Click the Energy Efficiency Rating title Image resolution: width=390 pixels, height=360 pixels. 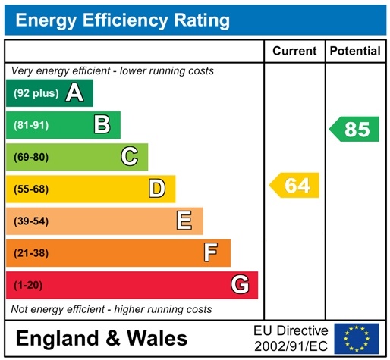point(122,20)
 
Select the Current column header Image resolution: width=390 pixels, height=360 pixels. point(294,51)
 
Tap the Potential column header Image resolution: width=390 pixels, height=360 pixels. point(355,51)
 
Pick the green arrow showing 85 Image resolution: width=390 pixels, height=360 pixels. point(354,129)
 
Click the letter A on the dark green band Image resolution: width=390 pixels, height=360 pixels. point(74,93)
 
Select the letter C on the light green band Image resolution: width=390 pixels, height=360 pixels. point(129,157)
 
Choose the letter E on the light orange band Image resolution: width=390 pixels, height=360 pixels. point(184,221)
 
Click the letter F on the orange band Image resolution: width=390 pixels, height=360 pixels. point(211,252)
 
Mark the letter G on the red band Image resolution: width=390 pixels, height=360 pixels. point(239,285)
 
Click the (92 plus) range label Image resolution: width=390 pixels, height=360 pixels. point(35,94)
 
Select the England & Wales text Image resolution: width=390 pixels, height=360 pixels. point(101,338)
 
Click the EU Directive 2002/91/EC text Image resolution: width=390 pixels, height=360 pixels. point(291,338)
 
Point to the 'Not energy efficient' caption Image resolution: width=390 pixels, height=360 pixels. point(112,309)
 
